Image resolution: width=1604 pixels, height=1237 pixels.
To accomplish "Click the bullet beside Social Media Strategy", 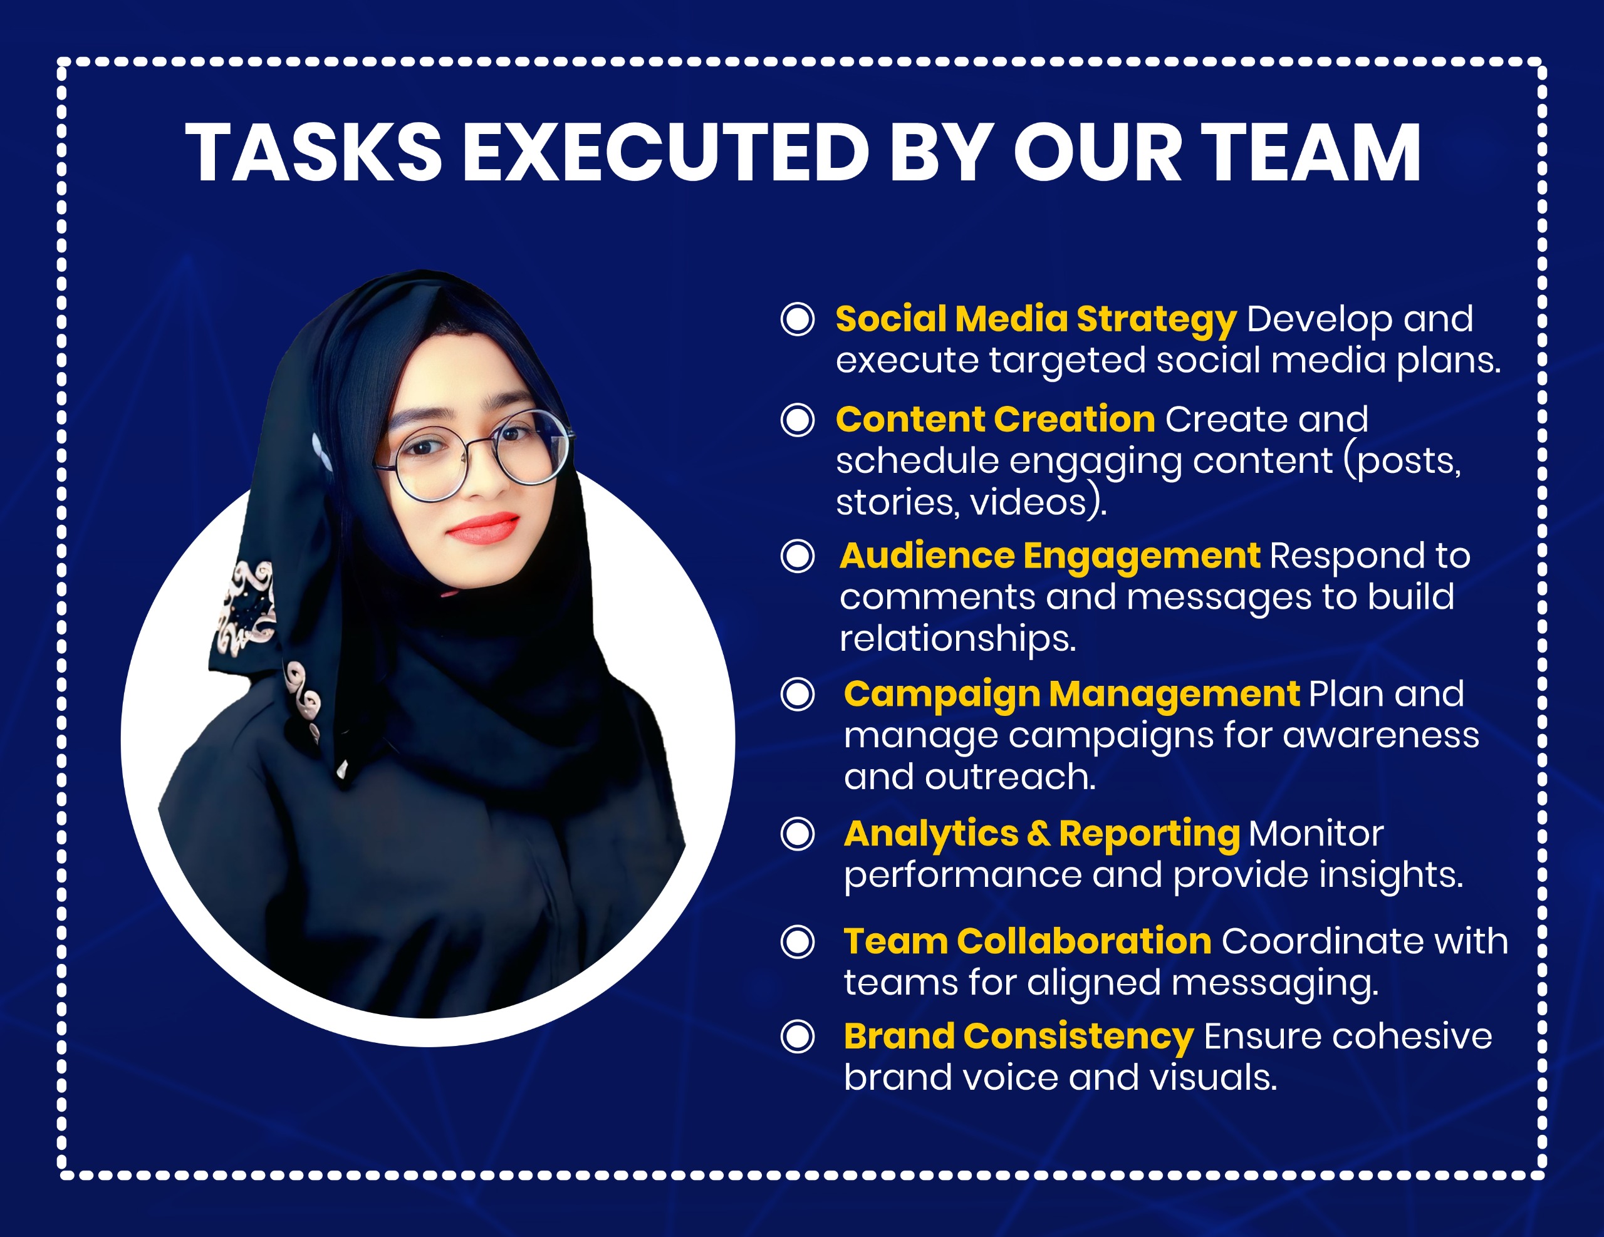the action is click(x=798, y=319).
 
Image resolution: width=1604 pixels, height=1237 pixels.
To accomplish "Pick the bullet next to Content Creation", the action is click(x=798, y=420).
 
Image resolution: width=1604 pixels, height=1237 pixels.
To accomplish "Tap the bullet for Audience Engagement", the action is click(x=798, y=556).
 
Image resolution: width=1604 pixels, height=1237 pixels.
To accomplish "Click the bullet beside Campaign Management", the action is click(x=798, y=695).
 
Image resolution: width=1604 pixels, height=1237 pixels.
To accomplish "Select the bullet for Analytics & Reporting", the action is click(x=798, y=834).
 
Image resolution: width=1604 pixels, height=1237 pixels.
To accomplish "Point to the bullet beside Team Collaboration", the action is click(x=798, y=942).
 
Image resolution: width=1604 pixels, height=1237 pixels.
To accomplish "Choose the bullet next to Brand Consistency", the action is click(x=798, y=1037).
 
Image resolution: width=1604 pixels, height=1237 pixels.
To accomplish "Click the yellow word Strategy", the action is click(x=1157, y=321).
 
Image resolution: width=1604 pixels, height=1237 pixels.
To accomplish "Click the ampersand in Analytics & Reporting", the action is click(x=1038, y=834).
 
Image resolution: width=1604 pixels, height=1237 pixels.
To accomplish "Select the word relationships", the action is click(x=957, y=639).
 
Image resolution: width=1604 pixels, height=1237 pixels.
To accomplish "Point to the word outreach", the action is click(x=1010, y=777).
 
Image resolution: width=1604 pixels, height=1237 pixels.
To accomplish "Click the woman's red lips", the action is click(x=484, y=527).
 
